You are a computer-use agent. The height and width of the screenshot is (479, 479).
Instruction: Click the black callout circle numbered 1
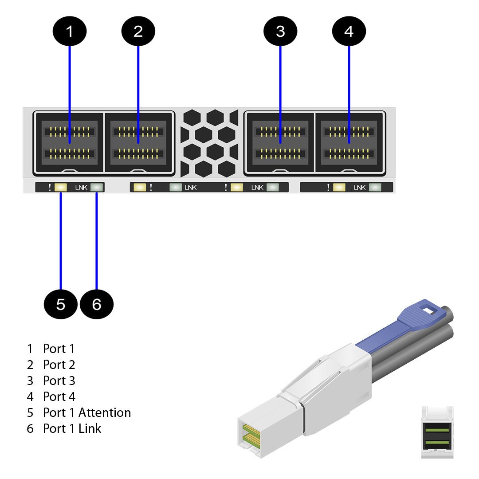(x=70, y=31)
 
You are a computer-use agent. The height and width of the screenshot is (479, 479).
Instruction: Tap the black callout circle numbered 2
(x=138, y=31)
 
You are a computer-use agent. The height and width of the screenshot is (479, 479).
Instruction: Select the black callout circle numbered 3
(x=280, y=31)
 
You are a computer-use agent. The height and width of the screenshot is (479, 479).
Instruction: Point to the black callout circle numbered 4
(x=349, y=31)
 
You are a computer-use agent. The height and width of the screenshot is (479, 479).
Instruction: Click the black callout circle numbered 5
(x=61, y=304)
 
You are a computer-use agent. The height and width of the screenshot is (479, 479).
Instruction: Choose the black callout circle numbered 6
(x=97, y=304)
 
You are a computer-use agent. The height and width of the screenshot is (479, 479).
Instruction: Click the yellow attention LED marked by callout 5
(x=61, y=187)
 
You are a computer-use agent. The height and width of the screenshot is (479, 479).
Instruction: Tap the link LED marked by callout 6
(x=96, y=187)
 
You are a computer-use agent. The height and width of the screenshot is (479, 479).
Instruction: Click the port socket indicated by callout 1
(x=69, y=142)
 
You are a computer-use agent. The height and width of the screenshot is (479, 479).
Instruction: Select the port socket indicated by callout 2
(x=138, y=142)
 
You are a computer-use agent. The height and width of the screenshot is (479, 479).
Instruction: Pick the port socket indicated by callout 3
(x=280, y=142)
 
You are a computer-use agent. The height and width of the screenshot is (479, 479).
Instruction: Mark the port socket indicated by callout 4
(x=349, y=142)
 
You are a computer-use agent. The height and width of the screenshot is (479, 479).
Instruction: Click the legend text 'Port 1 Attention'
(x=86, y=412)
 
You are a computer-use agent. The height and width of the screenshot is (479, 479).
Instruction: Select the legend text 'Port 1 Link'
(x=72, y=428)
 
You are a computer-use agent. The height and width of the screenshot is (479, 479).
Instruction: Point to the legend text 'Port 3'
(x=59, y=381)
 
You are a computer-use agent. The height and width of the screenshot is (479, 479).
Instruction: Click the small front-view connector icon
(x=437, y=432)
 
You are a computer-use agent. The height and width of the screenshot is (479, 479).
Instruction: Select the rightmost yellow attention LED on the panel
(x=339, y=187)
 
